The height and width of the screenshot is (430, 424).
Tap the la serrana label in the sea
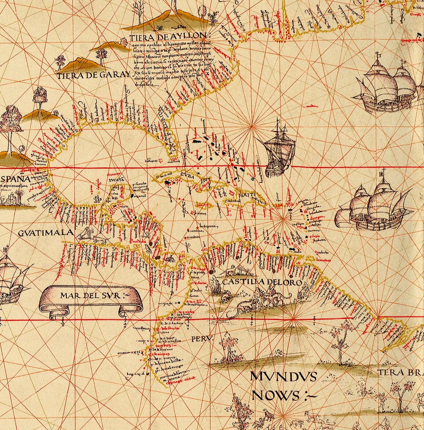point(208,226)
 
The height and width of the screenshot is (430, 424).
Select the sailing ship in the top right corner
point(386,85)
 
